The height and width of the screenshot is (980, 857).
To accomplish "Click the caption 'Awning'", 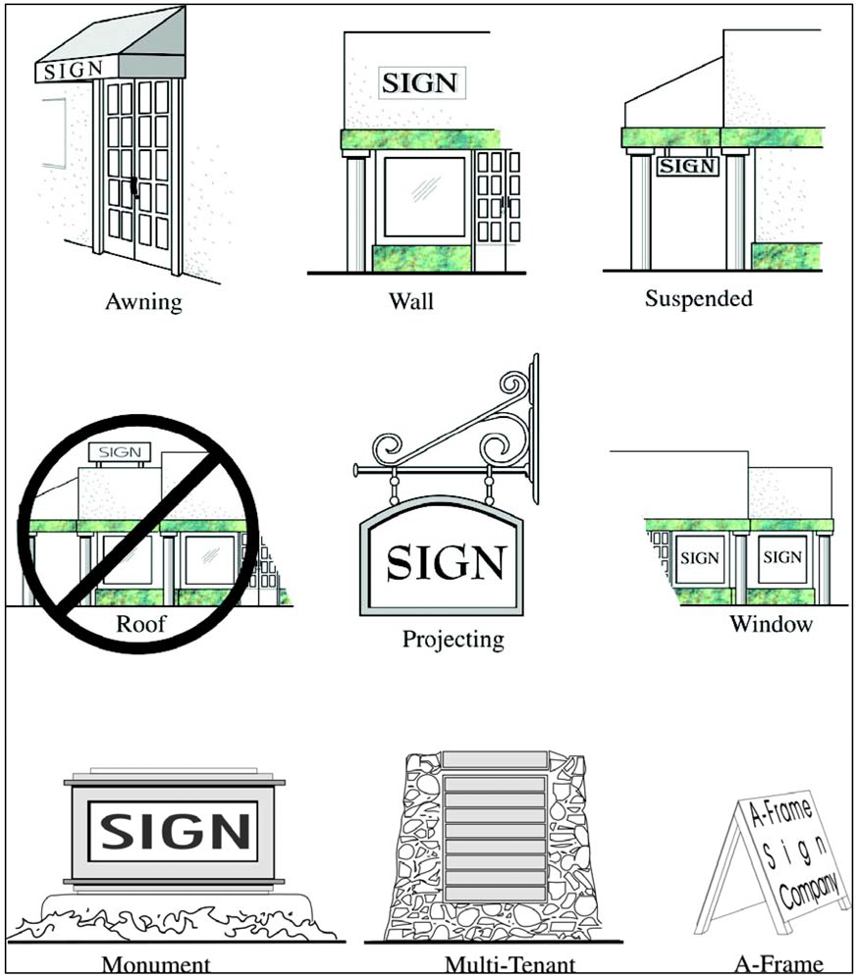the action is click(x=143, y=302).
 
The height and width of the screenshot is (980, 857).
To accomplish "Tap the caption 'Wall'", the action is click(x=411, y=301).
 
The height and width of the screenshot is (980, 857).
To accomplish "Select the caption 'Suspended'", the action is click(x=699, y=299).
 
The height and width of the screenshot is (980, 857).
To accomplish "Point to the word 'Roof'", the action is click(x=140, y=623).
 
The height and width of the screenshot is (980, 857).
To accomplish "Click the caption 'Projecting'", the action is click(x=453, y=640).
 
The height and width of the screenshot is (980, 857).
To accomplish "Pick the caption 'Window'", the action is click(x=772, y=624).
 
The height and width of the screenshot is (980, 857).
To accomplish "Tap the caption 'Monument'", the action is click(x=156, y=964).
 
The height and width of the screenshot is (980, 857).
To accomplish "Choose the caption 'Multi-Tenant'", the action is click(x=509, y=964).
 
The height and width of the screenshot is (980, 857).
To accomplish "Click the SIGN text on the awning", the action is click(x=74, y=70).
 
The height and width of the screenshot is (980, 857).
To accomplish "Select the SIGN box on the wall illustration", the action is click(x=421, y=82).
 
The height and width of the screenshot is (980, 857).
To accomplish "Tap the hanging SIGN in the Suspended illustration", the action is click(x=687, y=166).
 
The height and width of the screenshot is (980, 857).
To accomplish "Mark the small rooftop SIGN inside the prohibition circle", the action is click(x=120, y=452).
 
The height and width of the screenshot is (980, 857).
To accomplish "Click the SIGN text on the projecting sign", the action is click(x=446, y=562).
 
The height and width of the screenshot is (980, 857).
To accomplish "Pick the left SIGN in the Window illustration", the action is click(x=699, y=558).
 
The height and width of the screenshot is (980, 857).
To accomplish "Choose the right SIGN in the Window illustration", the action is click(x=782, y=557).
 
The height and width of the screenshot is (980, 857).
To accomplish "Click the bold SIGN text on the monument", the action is click(x=175, y=831).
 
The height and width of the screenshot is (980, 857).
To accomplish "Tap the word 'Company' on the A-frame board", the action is click(x=808, y=890).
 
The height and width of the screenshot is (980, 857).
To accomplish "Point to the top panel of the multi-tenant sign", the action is click(x=494, y=760).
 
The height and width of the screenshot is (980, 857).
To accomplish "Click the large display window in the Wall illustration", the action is click(x=424, y=197).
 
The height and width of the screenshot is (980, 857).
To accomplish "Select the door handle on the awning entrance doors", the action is click(x=134, y=187).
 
